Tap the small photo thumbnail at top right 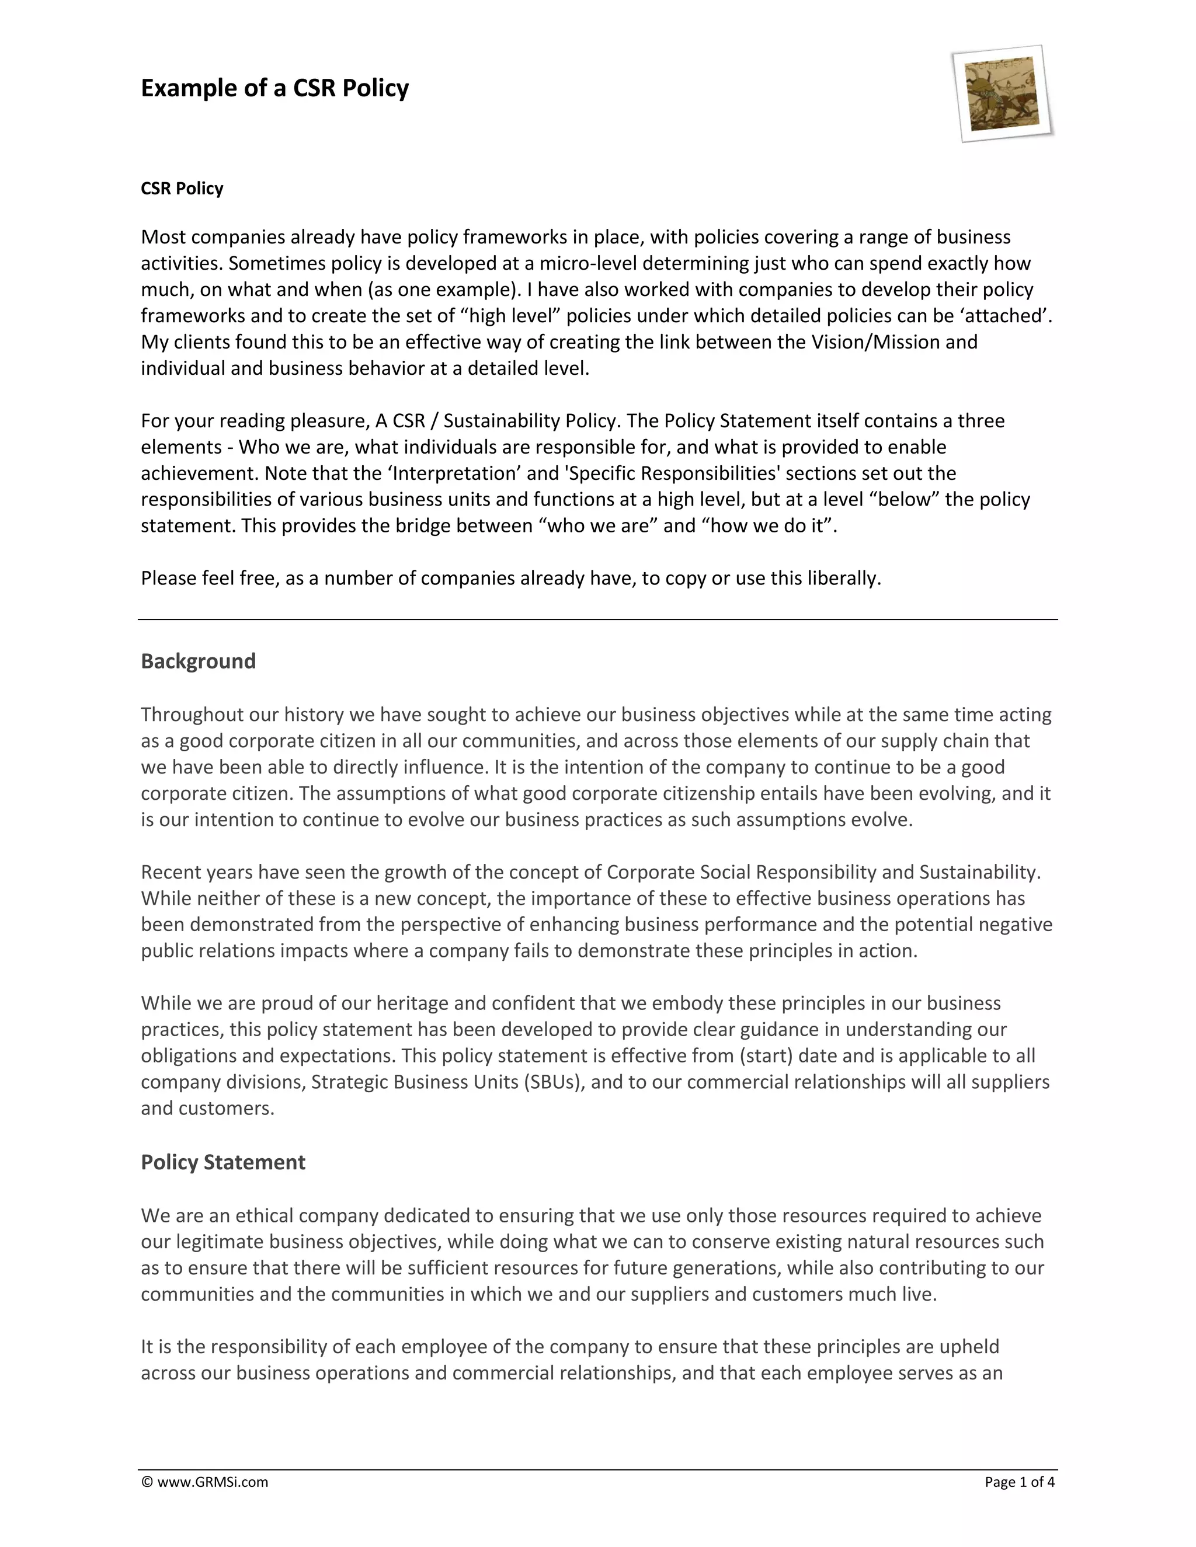(x=1003, y=93)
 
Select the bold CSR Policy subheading (x=182, y=189)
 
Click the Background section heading (x=199, y=661)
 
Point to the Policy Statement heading (x=223, y=1162)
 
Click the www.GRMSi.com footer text (x=212, y=1482)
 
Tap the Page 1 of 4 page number (x=1020, y=1482)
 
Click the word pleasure (x=328, y=421)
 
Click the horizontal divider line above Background (x=597, y=620)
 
